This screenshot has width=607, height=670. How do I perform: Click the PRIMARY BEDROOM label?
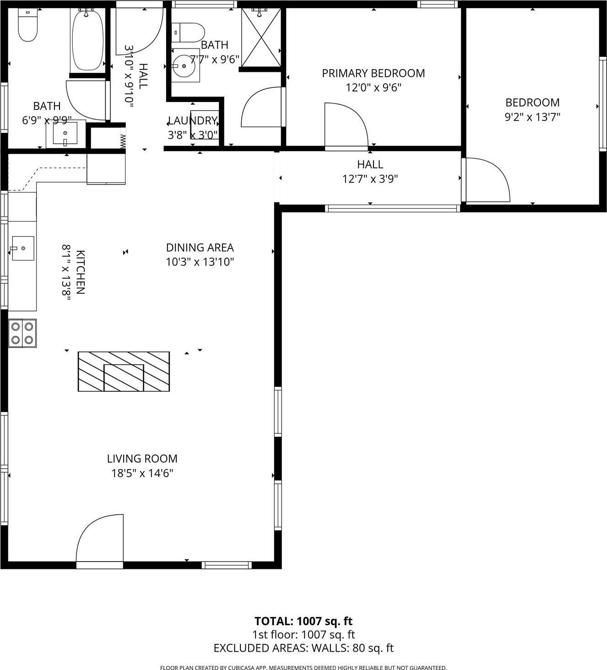click(x=373, y=73)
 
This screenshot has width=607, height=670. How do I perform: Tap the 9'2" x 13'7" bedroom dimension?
click(x=532, y=117)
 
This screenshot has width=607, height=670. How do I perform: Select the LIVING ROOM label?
click(x=142, y=459)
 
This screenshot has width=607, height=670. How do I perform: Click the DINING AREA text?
click(x=200, y=248)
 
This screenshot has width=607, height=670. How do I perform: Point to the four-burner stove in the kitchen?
click(x=22, y=333)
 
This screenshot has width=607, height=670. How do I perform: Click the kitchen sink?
click(x=22, y=248)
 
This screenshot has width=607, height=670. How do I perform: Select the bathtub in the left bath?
click(x=87, y=40)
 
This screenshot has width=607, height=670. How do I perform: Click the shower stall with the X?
click(x=260, y=38)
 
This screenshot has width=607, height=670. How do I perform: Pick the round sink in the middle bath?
click(x=185, y=67)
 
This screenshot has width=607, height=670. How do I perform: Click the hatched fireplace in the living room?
click(x=124, y=371)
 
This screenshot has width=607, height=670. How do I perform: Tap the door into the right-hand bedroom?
click(x=486, y=180)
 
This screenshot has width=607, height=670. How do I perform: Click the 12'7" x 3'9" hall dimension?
click(x=370, y=179)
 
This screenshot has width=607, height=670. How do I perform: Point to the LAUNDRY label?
click(x=192, y=121)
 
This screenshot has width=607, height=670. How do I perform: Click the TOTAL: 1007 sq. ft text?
click(x=303, y=621)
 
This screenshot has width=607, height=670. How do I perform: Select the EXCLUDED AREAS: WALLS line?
click(x=303, y=648)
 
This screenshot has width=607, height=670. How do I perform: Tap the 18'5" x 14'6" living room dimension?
click(x=142, y=473)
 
